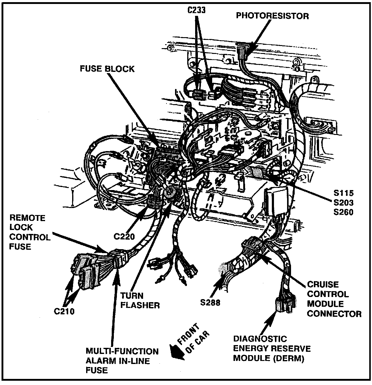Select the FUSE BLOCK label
click(107, 69)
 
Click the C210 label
click(64, 311)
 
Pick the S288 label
click(210, 302)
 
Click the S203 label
click(343, 202)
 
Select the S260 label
click(343, 212)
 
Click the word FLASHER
click(140, 305)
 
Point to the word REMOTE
click(27, 218)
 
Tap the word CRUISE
click(323, 284)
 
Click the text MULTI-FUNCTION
click(122, 351)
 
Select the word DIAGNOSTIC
click(260, 339)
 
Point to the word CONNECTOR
click(334, 313)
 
